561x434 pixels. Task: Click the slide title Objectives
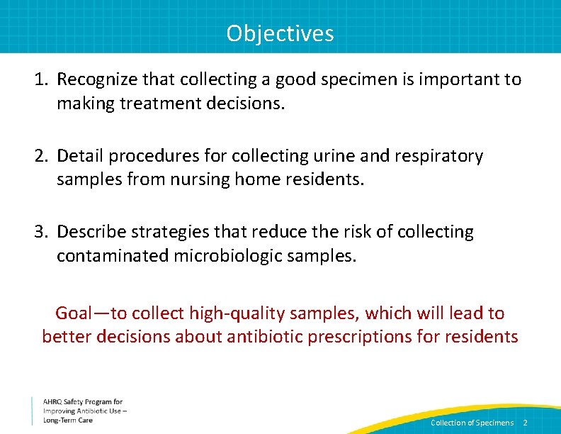280,33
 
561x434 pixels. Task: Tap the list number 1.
40,79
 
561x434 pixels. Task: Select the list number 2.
40,156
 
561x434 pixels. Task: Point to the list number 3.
40,232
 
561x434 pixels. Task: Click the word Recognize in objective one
95,79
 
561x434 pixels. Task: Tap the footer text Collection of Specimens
472,423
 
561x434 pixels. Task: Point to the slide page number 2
525,423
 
